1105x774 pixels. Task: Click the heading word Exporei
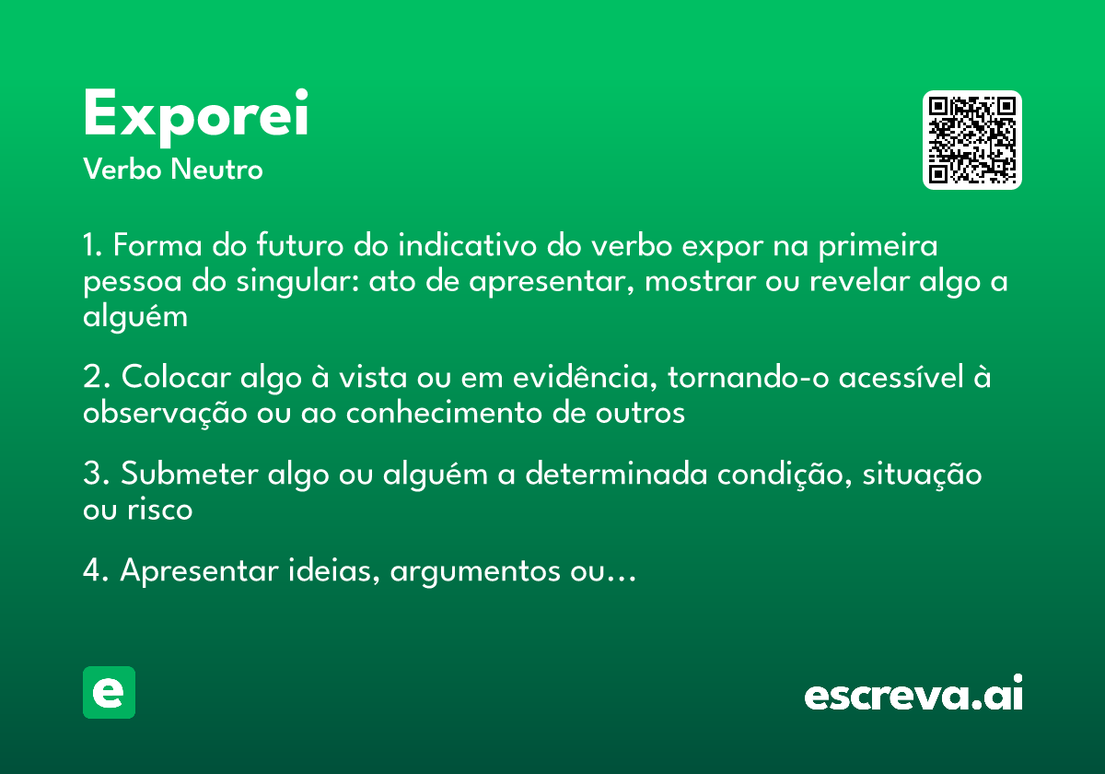[195, 117]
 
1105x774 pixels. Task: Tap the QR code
[972, 140]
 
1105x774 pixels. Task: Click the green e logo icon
[109, 693]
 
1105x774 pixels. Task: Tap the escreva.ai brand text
[913, 695]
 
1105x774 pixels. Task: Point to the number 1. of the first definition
[96, 247]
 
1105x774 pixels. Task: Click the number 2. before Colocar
[98, 378]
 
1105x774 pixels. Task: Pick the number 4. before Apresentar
[98, 571]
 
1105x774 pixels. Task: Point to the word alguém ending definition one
[135, 317]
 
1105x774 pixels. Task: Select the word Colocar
[176, 378]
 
